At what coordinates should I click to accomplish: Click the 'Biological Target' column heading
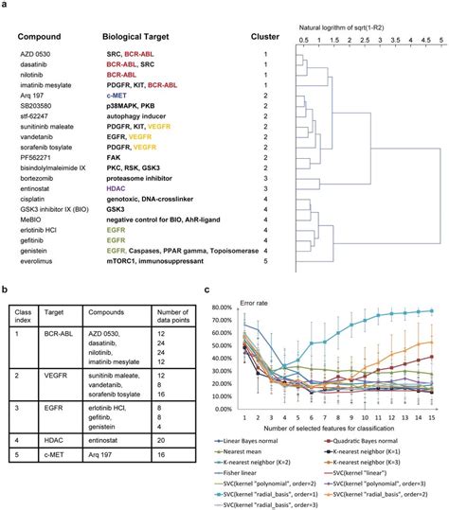(x=143, y=36)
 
